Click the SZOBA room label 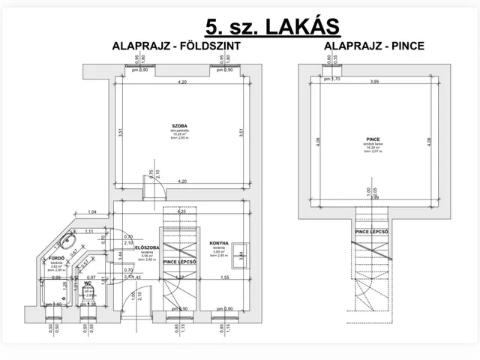tap(178, 126)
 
